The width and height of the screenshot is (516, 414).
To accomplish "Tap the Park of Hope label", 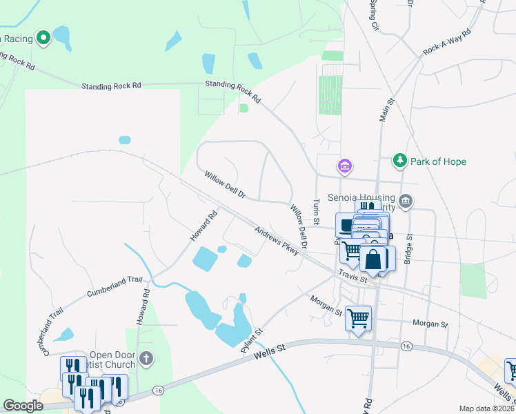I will tap(438, 161).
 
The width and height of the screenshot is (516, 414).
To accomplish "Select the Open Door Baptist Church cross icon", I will tap(145, 358).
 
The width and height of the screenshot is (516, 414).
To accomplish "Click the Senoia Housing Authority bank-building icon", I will tap(406, 201).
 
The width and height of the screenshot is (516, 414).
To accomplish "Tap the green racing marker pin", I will tap(43, 38).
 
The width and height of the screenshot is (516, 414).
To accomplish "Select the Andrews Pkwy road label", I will tap(276, 241).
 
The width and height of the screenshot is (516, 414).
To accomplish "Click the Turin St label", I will tap(316, 211).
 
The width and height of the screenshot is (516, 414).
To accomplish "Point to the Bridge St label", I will tap(408, 248).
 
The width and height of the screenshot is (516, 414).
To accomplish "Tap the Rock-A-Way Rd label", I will tap(447, 42).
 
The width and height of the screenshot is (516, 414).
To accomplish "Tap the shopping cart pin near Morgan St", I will tap(358, 319).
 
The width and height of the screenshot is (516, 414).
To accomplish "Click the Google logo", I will tap(23, 406).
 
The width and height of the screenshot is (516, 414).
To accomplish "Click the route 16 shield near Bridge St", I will tap(407, 346).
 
